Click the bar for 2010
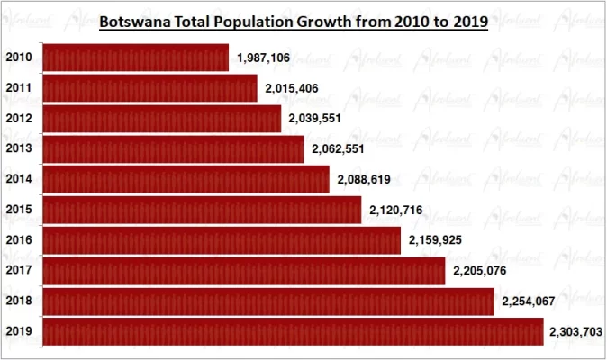coord(135,58)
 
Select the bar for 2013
coord(173,149)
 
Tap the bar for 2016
coord(222,240)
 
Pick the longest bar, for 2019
coord(293,331)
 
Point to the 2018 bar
coord(268,301)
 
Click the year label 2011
coord(18,88)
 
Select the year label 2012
coord(18,119)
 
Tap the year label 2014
coord(18,180)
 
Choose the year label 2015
coord(18,210)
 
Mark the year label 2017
coord(18,270)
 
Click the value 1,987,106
coord(264,58)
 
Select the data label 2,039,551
coord(315,119)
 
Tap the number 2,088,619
coord(364,180)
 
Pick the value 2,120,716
coord(396,210)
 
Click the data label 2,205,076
coord(479,270)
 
